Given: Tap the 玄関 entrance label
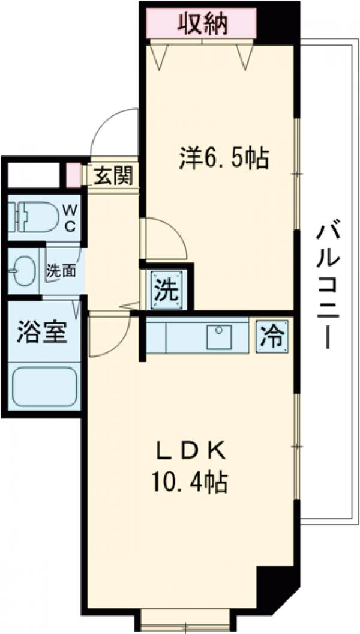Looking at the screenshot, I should pos(112,177).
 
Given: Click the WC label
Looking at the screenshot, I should pos(70,218).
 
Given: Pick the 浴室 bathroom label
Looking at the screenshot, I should pos(41,332).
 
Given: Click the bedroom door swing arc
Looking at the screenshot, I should pos(165,237).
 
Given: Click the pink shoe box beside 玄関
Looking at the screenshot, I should pos(73,174).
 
